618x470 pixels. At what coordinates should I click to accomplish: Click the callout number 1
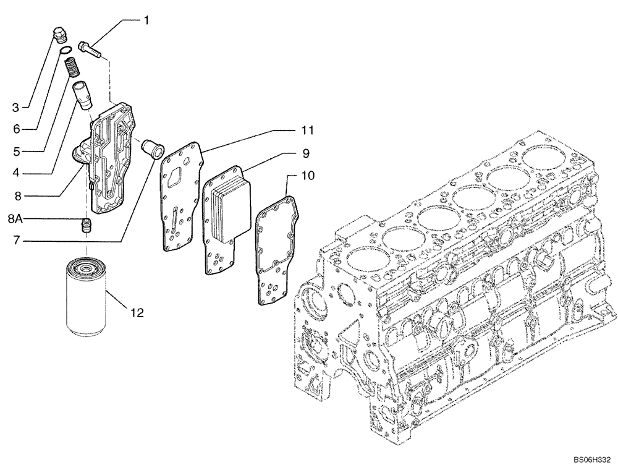(x=146, y=20)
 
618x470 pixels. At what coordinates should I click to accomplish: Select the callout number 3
(x=16, y=108)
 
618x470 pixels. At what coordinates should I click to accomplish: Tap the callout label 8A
(x=16, y=218)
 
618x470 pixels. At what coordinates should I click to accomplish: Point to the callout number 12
(x=137, y=314)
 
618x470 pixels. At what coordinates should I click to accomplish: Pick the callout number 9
(x=306, y=152)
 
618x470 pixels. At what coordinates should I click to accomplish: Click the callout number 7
(x=17, y=239)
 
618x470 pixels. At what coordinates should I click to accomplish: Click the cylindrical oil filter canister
(x=87, y=299)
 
